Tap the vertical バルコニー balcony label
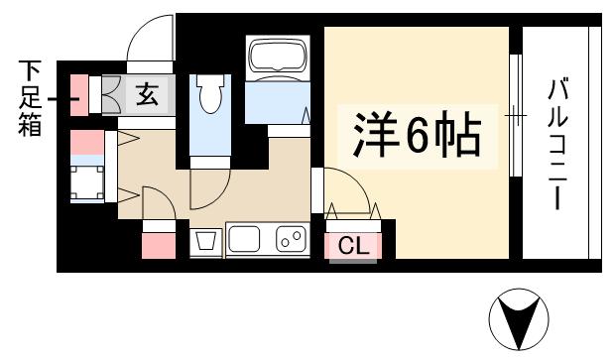[x=558, y=145]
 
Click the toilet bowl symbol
[x=208, y=96]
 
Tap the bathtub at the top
[x=278, y=58]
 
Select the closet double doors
[x=353, y=211]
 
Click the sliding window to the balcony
[x=515, y=115]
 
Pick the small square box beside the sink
[x=206, y=241]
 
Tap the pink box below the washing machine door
[x=158, y=244]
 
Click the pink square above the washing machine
[x=86, y=143]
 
